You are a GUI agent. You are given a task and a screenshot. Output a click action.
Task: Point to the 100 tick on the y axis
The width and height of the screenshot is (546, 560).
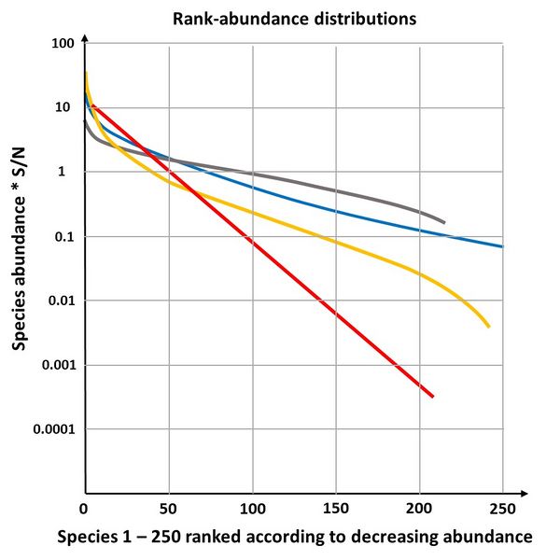pyautogui.click(x=63, y=44)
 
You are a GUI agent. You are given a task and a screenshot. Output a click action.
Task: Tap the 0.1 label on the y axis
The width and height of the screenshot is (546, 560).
pyautogui.click(x=63, y=237)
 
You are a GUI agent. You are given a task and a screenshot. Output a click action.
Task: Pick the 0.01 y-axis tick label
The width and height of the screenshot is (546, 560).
pyautogui.click(x=60, y=301)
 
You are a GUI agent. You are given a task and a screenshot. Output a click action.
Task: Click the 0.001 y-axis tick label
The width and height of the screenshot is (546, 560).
pyautogui.click(x=56, y=366)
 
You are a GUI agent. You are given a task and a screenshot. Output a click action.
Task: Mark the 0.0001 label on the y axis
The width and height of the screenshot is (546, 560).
pyautogui.click(x=51, y=430)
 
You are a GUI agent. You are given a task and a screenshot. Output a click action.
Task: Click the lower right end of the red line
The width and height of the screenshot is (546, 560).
pyautogui.click(x=433, y=397)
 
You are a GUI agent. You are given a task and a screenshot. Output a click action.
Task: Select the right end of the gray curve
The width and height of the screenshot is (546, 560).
pyautogui.click(x=444, y=223)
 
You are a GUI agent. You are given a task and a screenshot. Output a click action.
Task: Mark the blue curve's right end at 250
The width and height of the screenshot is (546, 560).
pyautogui.click(x=503, y=246)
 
